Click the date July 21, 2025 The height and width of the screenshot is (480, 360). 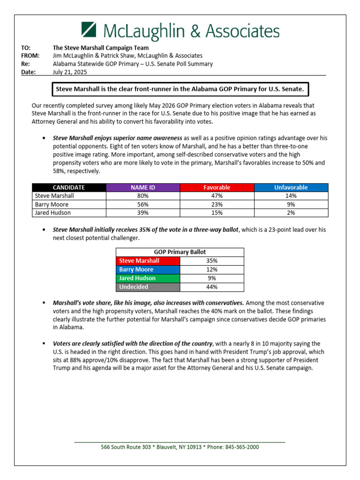click(x=70, y=72)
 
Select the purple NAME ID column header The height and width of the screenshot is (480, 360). click(x=143, y=187)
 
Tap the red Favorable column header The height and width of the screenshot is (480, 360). click(x=217, y=187)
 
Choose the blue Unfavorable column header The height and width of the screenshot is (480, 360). click(x=291, y=187)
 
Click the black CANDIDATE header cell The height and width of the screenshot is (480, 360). click(x=69, y=187)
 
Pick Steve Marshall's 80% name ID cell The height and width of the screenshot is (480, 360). click(x=143, y=196)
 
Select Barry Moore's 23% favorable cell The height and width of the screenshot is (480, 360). click(x=217, y=204)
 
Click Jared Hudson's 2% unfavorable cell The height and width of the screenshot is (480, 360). click(x=291, y=212)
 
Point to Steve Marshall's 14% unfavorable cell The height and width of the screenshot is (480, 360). click(x=291, y=196)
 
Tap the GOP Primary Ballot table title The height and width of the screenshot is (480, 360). click(x=180, y=252)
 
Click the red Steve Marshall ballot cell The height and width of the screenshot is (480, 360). click(x=148, y=261)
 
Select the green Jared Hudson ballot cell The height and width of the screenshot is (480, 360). click(x=148, y=278)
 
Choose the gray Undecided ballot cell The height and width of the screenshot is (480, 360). click(x=148, y=287)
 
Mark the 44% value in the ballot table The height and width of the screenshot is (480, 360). click(x=212, y=287)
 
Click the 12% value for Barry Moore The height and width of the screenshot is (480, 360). click(x=212, y=270)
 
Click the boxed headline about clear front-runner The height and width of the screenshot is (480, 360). click(x=180, y=89)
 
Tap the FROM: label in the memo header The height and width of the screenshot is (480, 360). click(x=30, y=55)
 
